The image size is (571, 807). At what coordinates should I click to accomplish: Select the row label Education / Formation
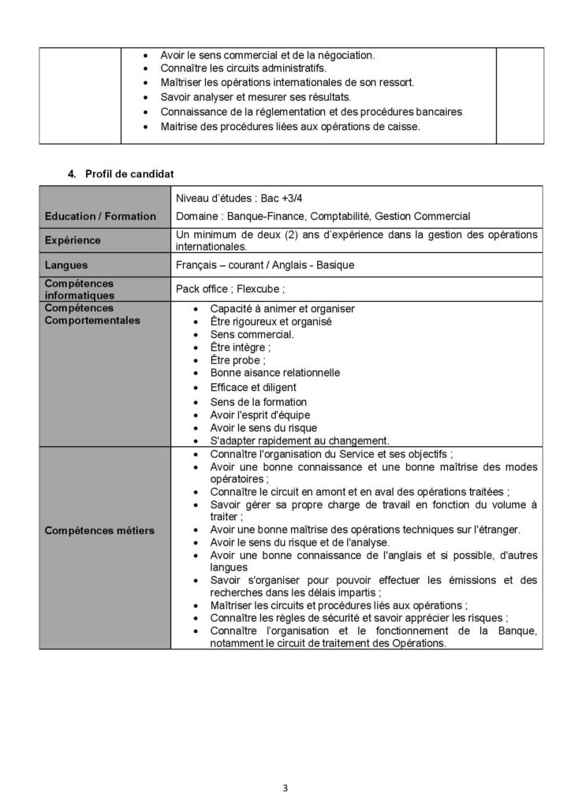point(100,216)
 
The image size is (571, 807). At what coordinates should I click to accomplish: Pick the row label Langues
point(66,265)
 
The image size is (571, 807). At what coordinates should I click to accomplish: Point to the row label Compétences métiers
point(99,530)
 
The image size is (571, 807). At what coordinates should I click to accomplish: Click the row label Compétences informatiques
point(79,288)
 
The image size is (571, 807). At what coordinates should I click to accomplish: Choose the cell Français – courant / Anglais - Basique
point(265,265)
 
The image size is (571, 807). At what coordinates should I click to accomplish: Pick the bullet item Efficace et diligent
point(253,387)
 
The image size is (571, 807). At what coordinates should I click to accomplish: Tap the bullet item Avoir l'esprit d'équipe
point(259,415)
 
